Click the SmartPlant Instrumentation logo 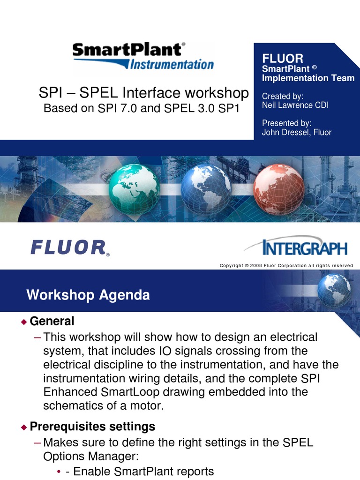click(143, 56)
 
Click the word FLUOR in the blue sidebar click(283, 58)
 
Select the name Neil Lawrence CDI click(295, 105)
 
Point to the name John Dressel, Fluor click(296, 132)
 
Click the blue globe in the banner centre click(206, 189)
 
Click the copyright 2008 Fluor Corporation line click(286, 266)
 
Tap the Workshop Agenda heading click(88, 295)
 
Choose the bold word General click(52, 322)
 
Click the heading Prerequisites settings click(92, 427)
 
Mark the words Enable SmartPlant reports click(140, 472)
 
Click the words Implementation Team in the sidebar click(308, 78)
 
